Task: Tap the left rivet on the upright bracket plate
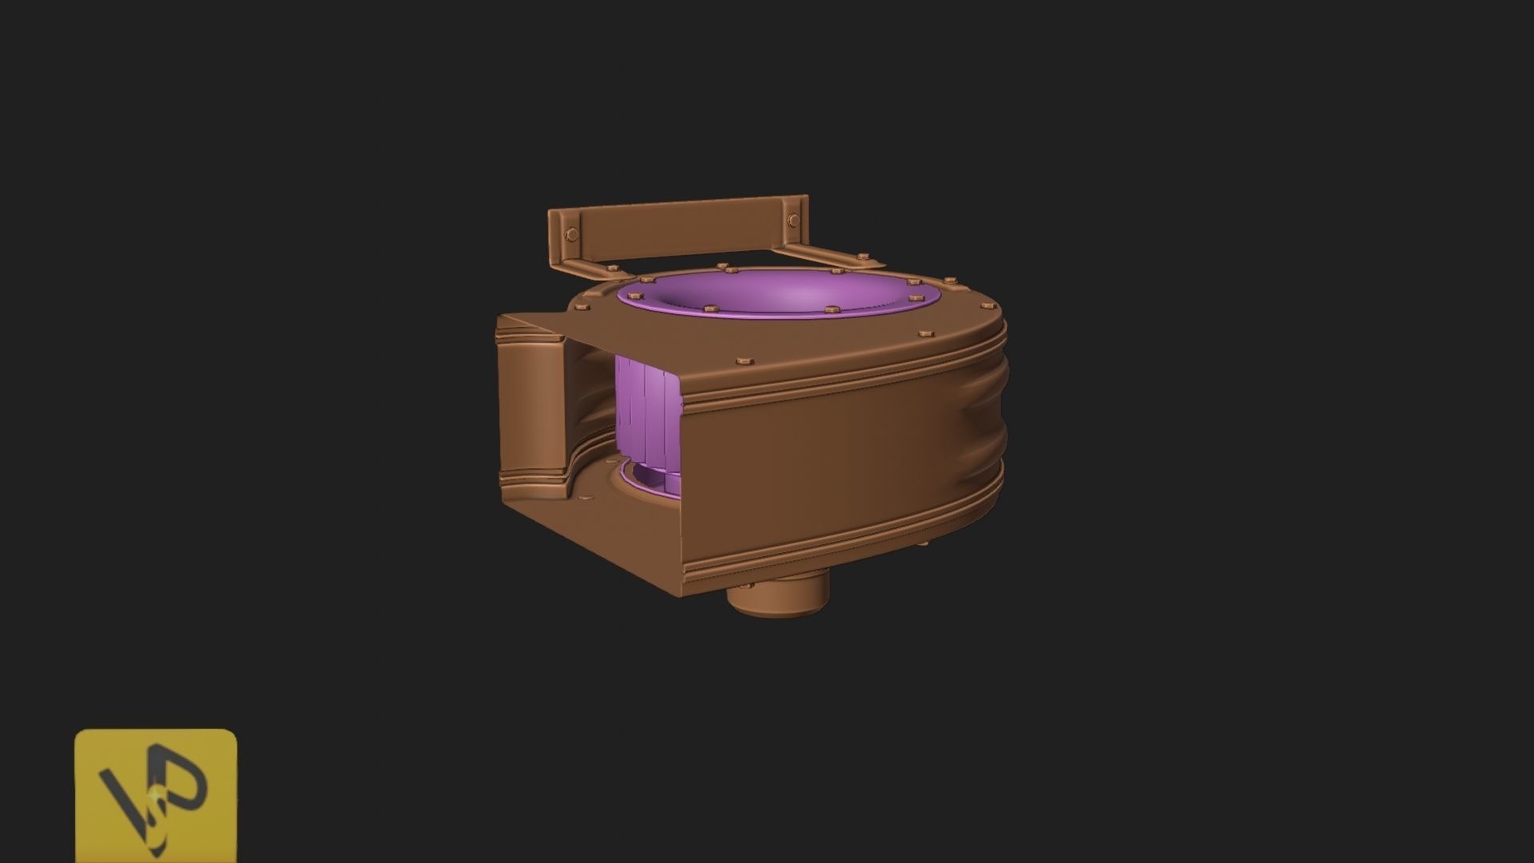570,234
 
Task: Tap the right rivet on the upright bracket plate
792,221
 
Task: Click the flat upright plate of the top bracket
679,228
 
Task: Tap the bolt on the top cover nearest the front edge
743,362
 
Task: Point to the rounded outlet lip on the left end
527,408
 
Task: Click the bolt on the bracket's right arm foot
862,257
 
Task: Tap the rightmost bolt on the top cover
950,281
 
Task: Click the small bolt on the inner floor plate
589,499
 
